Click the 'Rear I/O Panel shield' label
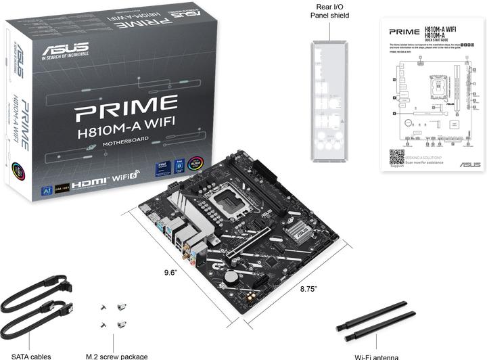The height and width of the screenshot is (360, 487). coord(329,11)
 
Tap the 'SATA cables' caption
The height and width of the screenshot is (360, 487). coord(30,356)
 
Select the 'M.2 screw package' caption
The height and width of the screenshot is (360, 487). coord(116,356)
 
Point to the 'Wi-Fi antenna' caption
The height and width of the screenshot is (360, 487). coord(376,356)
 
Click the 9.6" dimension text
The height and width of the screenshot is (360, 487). coord(170,272)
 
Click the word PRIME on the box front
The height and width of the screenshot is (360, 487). coord(126,107)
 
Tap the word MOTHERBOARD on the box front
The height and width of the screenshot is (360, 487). coord(126,143)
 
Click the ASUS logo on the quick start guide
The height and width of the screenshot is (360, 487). coord(469,164)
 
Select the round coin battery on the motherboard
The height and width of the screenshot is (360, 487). coord(230,276)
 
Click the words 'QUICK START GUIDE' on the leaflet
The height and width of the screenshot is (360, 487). coord(437,39)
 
